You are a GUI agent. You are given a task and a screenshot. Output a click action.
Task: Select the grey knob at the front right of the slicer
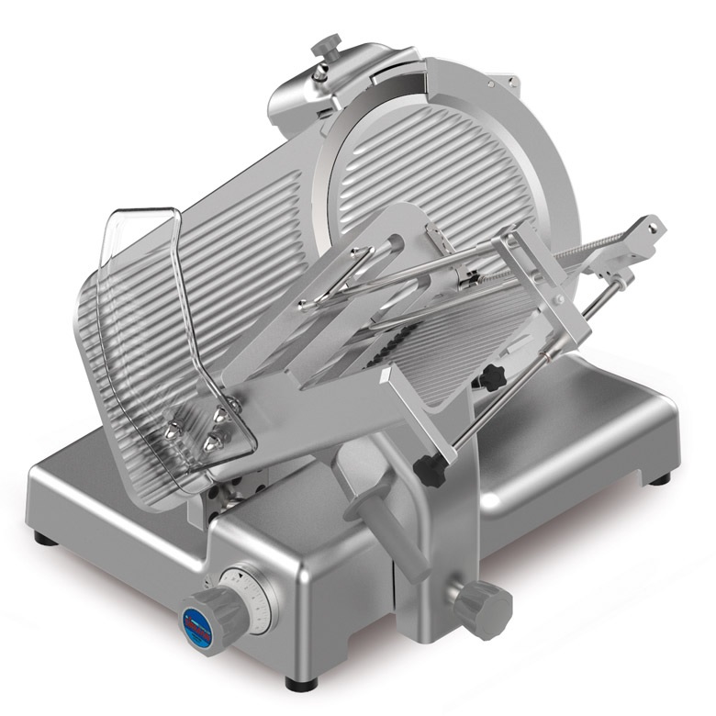[483, 609]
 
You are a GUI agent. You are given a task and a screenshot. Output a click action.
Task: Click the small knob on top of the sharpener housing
[326, 45]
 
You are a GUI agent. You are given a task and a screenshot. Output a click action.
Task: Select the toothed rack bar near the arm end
[601, 243]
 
